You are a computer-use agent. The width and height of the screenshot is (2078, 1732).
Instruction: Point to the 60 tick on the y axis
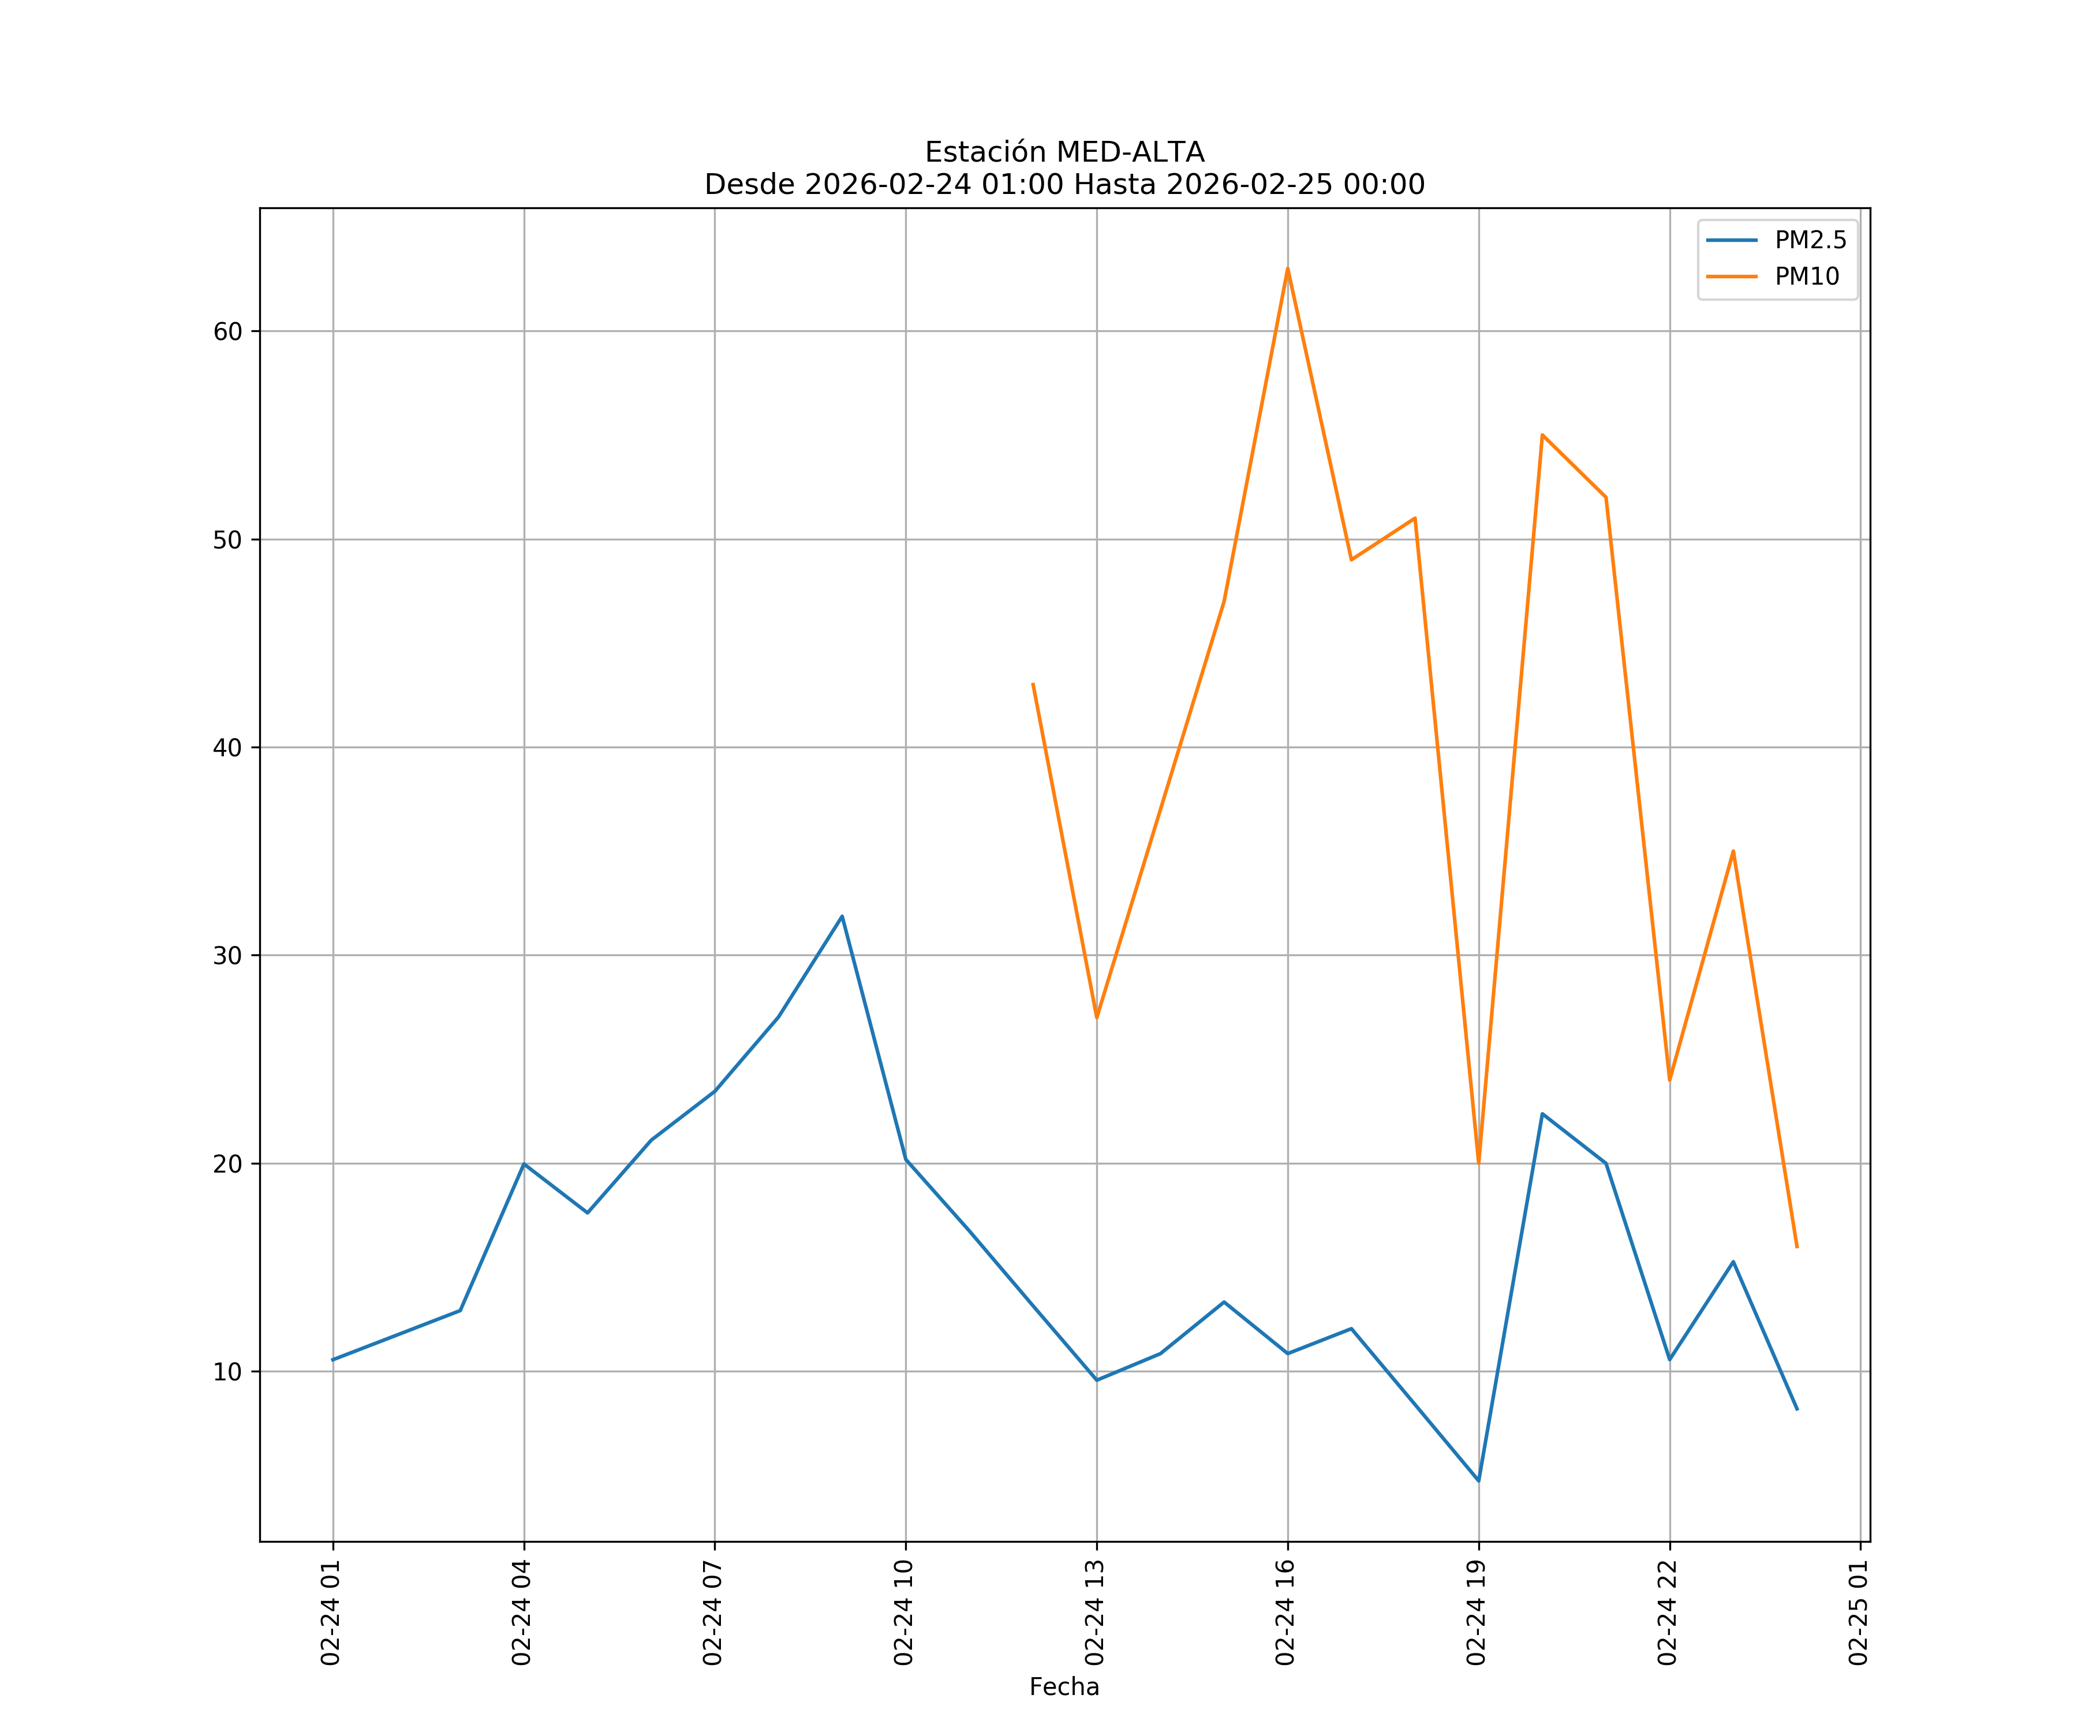227,331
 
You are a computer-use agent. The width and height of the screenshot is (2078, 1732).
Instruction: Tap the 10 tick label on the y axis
227,1372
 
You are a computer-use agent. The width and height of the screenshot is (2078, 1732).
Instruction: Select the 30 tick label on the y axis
227,956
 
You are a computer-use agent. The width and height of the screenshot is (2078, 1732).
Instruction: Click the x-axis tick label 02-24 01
331,1612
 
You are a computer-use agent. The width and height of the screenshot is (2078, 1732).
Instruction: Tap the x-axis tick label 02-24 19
1477,1612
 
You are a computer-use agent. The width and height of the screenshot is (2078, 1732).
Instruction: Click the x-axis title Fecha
1064,1686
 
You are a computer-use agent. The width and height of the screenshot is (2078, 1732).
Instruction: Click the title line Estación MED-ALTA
1064,152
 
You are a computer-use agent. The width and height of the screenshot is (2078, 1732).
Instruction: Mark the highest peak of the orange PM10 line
1287,268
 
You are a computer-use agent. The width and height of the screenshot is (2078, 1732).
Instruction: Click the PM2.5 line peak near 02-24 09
842,916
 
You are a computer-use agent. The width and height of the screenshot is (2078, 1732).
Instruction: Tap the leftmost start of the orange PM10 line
1033,684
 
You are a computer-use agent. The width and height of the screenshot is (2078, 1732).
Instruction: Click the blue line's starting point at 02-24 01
334,1360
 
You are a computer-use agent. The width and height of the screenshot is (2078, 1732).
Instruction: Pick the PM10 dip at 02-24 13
1096,1017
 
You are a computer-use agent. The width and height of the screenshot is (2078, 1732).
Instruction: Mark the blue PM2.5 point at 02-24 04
525,1164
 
